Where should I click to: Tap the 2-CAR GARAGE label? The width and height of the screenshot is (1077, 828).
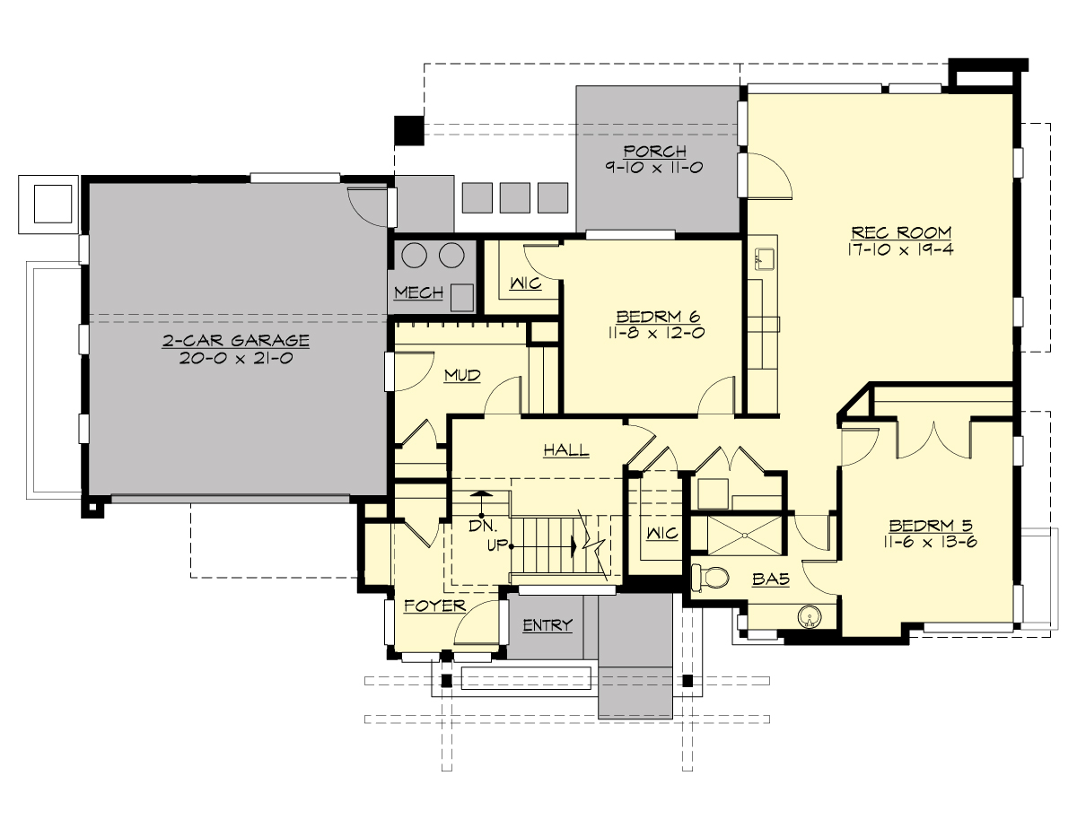(x=236, y=340)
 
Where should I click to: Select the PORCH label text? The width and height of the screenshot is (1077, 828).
(x=656, y=151)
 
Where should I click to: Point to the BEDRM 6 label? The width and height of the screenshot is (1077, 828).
(x=657, y=317)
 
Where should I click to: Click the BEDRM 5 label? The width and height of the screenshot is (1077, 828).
(x=931, y=526)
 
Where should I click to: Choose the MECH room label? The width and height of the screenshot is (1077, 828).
(x=418, y=293)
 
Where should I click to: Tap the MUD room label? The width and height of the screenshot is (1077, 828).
(x=462, y=375)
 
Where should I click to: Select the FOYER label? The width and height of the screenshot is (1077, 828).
(x=434, y=606)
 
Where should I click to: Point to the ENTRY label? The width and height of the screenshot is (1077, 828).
(x=547, y=625)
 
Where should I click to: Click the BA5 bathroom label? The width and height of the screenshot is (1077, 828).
(x=770, y=580)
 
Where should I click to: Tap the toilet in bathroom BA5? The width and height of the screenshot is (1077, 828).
(x=709, y=580)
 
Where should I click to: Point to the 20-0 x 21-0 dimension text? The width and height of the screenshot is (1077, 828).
(x=236, y=357)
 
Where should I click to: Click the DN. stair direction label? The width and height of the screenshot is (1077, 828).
(x=482, y=527)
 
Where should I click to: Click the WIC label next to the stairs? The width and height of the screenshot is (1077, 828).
(x=661, y=534)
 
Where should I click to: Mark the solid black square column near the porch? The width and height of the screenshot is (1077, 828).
(x=408, y=130)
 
